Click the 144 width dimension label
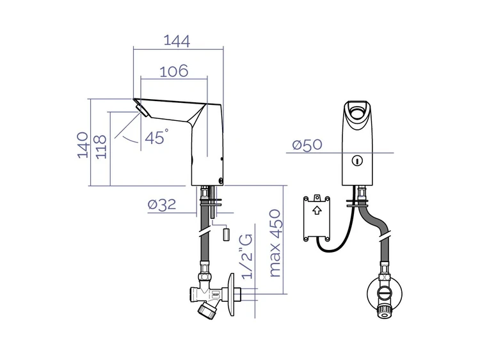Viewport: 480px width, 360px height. tap(177, 41)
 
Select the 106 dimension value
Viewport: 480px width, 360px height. tap(174, 71)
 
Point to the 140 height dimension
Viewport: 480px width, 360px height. tap(83, 145)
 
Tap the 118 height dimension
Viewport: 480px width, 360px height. tap(101, 147)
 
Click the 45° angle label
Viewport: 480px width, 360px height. tap(156, 137)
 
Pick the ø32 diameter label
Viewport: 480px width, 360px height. tap(162, 205)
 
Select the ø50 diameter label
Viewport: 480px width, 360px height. tap(307, 145)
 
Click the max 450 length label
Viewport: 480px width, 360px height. tap(275, 243)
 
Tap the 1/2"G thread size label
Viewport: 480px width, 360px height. tap(247, 256)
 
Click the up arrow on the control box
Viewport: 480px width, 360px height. tap(317, 210)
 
